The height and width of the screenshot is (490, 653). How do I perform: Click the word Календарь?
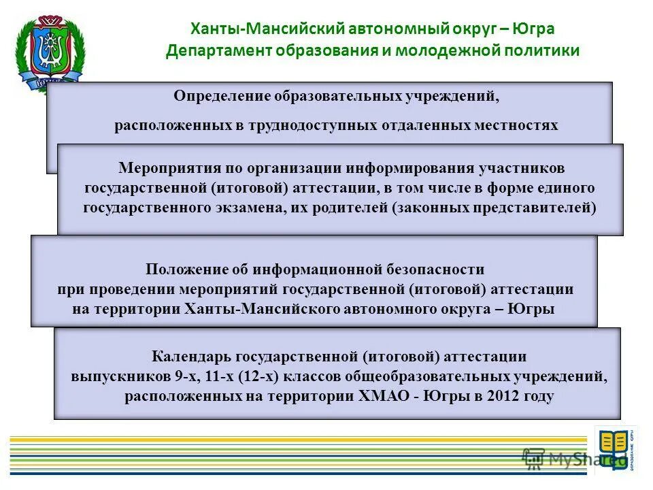[190, 357]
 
